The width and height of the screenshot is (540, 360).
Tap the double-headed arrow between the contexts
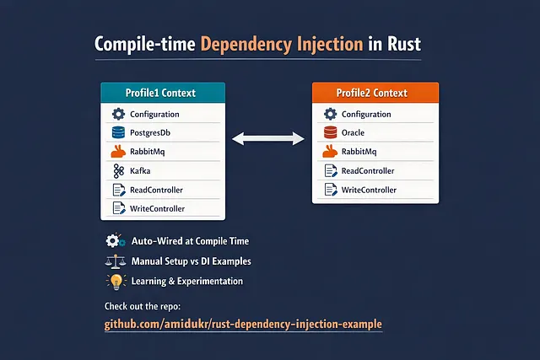(x=267, y=136)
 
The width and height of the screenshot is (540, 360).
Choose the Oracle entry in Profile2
(x=355, y=132)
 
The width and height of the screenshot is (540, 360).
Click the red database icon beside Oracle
(x=330, y=132)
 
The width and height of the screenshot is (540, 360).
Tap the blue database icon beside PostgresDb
(x=117, y=132)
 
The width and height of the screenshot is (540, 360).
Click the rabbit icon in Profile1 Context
(x=117, y=152)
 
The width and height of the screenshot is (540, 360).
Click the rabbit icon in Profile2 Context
(x=330, y=152)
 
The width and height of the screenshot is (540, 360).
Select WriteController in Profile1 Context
(x=157, y=208)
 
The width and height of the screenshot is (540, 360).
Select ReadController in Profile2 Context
(x=368, y=171)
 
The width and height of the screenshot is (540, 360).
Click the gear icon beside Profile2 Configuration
(x=330, y=114)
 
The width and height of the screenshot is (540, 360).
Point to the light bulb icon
(x=113, y=281)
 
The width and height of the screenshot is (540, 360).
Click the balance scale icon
(x=113, y=261)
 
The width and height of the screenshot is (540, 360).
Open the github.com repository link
(x=243, y=325)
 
